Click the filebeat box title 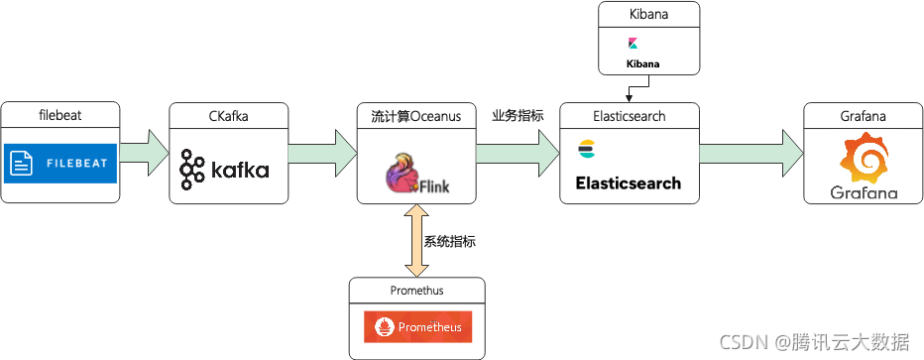(x=60, y=115)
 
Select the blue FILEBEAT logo (x=60, y=163)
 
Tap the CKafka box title (x=228, y=115)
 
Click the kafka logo (x=225, y=170)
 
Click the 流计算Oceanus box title (x=416, y=115)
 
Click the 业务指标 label (x=518, y=115)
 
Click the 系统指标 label (x=450, y=240)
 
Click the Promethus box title (x=417, y=291)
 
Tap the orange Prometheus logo (x=417, y=326)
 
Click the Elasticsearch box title (x=629, y=115)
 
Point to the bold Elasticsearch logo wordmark (x=629, y=182)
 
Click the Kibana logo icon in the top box (x=633, y=44)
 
